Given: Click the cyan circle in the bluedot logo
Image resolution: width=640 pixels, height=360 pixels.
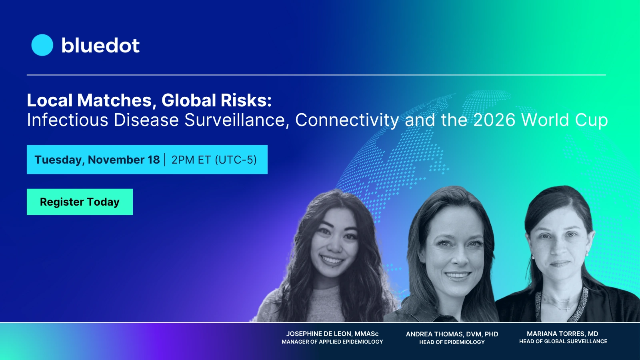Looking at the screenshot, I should [x=42, y=45].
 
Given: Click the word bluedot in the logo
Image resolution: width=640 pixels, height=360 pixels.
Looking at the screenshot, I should [x=100, y=45].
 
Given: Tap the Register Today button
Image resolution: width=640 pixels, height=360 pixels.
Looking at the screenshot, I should [x=80, y=202].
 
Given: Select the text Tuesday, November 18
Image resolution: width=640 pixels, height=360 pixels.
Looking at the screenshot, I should [x=97, y=160].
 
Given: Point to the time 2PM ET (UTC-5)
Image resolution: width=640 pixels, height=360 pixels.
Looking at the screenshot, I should [x=214, y=160].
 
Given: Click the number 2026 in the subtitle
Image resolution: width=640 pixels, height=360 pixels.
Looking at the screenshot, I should [x=494, y=120].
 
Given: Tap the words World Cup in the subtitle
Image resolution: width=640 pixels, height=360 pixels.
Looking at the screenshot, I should [x=564, y=120].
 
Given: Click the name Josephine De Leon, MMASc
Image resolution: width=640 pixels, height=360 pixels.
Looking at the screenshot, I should [x=332, y=334].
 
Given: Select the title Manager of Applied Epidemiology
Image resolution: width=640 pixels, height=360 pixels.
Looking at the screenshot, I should [x=332, y=342].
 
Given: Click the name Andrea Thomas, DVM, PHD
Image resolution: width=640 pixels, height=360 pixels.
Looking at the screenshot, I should [x=452, y=334].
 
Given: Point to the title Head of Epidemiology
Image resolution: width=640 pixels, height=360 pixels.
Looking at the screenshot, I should [x=452, y=342].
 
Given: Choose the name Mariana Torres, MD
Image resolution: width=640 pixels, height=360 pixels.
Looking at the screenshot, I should [x=562, y=334].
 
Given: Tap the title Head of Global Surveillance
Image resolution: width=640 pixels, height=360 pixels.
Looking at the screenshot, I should [x=563, y=342].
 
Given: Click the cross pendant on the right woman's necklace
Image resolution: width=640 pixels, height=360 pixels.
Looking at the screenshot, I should [x=567, y=308].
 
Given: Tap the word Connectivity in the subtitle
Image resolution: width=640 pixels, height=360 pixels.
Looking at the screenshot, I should [x=347, y=120].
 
